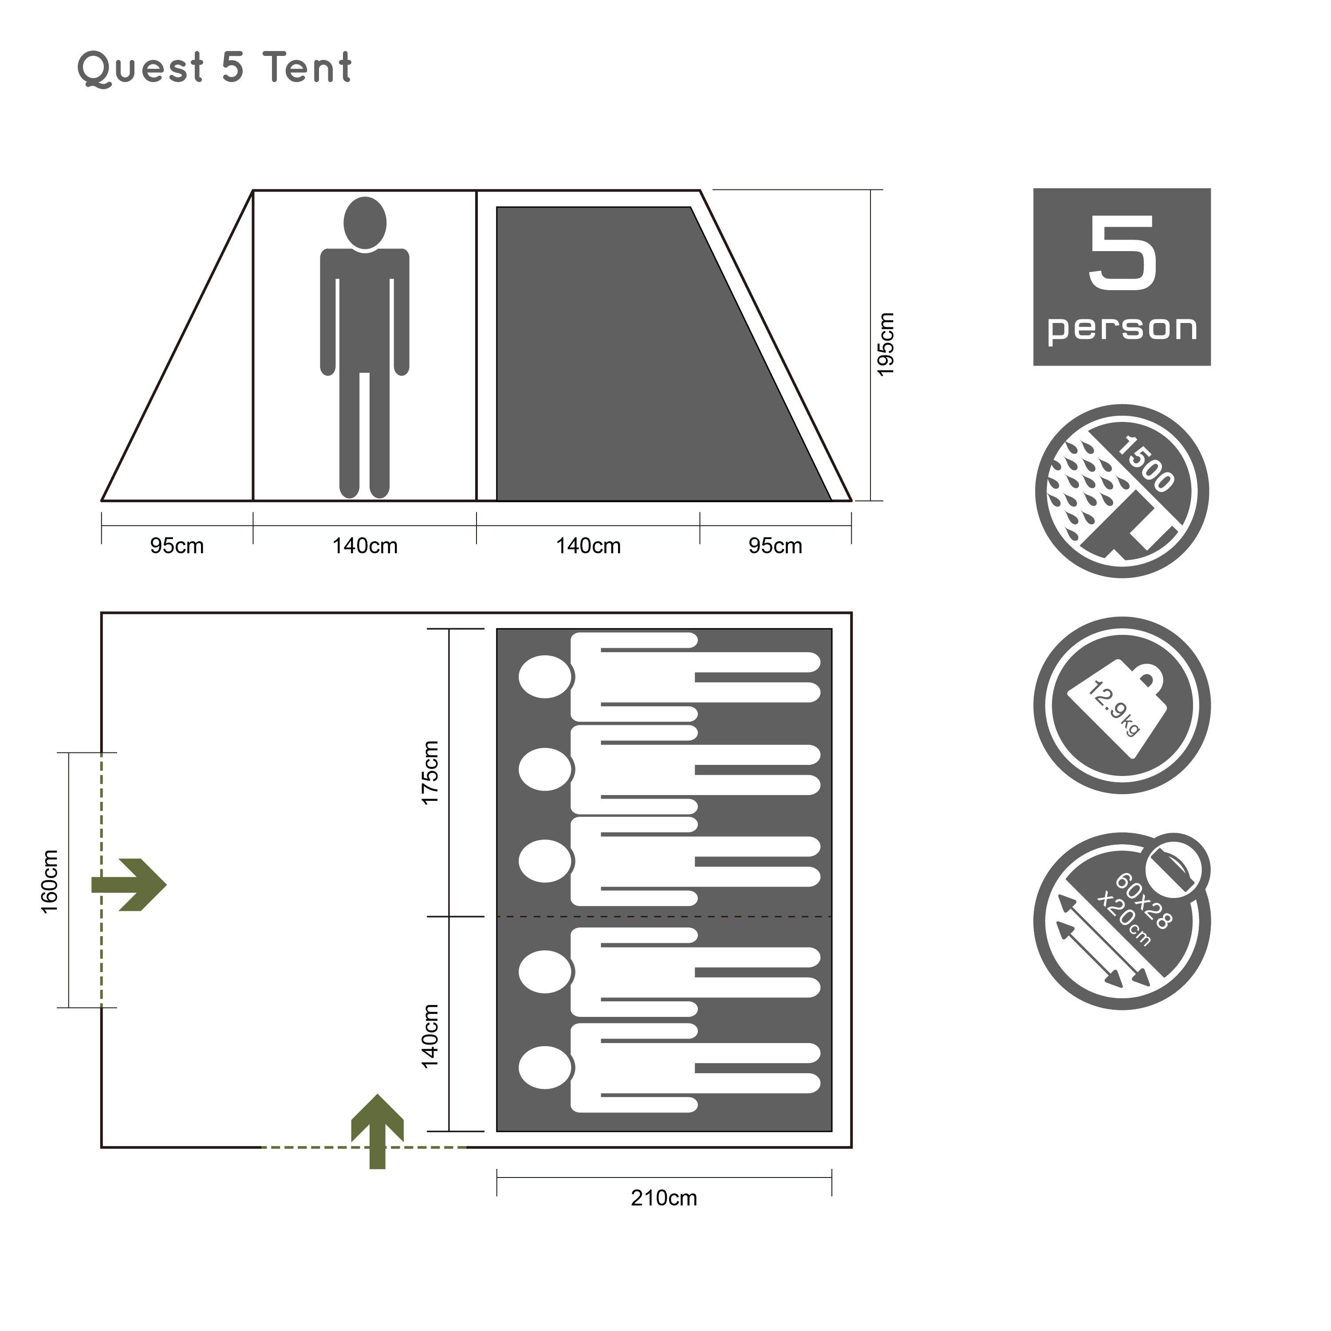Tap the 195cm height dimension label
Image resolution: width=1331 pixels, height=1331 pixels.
885,344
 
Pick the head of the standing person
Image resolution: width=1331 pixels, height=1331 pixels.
364,223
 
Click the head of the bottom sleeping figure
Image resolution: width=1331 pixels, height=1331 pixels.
545,1068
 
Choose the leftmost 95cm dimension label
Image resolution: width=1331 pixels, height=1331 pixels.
177,546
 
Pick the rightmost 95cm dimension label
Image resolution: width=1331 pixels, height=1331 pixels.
775,546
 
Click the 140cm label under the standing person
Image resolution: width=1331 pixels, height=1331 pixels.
365,546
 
